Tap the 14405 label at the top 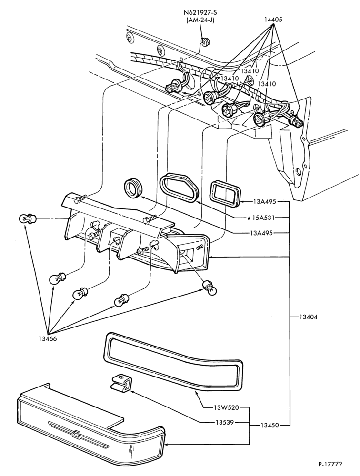tap(273, 20)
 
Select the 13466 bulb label tap(48, 339)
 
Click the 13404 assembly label tap(308, 317)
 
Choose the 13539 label tap(225, 422)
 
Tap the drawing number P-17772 tap(330, 465)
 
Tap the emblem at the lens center tap(75, 434)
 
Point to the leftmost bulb tap(27, 218)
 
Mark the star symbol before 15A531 tap(249, 218)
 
